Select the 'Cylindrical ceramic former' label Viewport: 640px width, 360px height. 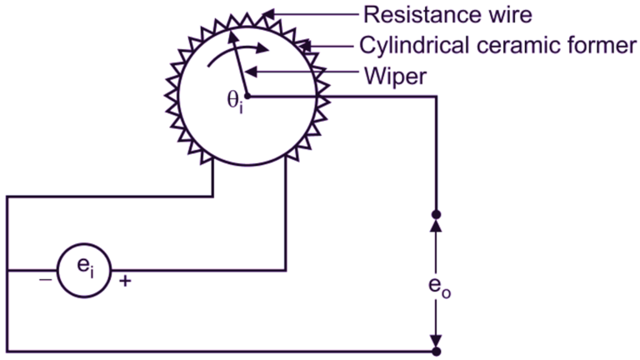[x=498, y=45]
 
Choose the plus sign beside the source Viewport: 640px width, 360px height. [x=126, y=281]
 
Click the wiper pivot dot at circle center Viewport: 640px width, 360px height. [x=247, y=97]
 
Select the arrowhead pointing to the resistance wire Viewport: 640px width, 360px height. [x=269, y=14]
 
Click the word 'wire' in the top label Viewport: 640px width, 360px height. [x=507, y=14]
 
